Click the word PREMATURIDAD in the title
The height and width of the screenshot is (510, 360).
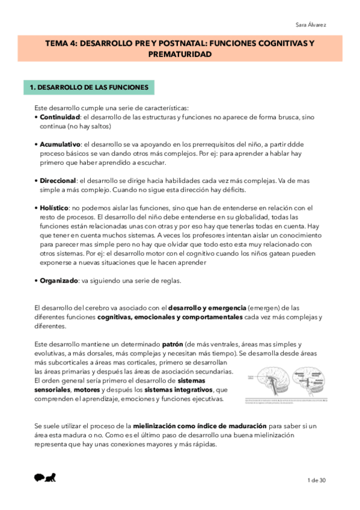pos(180,54)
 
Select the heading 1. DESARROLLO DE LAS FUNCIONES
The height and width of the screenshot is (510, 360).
pos(89,88)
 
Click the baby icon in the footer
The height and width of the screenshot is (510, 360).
pos(45,478)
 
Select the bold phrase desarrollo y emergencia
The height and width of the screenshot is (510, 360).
pos(198,309)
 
